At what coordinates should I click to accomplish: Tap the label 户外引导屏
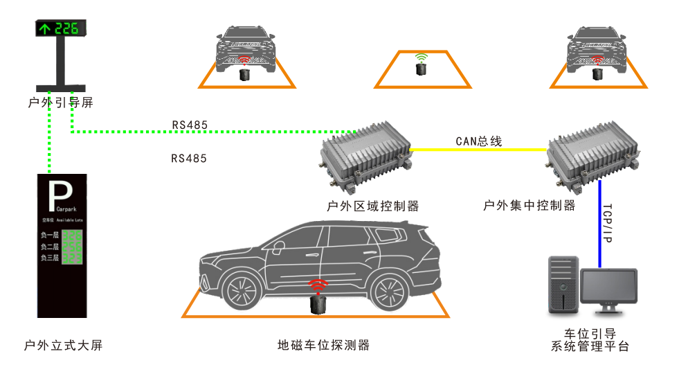[x=61, y=103]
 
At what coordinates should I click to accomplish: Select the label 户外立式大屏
[x=62, y=345]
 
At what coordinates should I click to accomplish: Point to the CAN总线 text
[x=478, y=141]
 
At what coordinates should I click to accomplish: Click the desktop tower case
[x=563, y=287]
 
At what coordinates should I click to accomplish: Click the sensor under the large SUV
[x=318, y=303]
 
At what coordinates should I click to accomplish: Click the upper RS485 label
[x=190, y=125]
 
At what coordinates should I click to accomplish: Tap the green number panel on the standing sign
[x=73, y=247]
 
